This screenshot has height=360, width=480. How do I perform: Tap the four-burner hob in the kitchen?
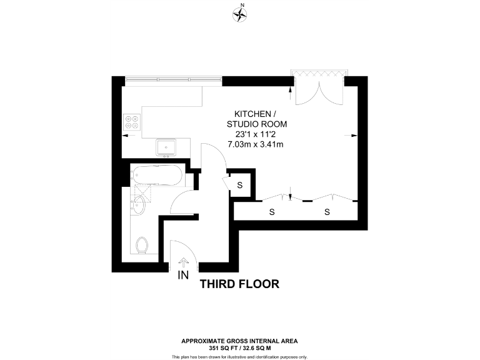[132, 121]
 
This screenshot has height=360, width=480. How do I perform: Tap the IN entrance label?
[184, 276]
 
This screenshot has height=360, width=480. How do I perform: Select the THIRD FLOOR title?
[239, 284]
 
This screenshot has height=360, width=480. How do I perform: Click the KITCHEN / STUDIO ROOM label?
[254, 119]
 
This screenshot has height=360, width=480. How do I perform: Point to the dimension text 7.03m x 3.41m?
[255, 144]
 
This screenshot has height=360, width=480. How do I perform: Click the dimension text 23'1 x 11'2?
[255, 134]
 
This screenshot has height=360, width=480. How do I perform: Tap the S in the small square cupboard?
[240, 184]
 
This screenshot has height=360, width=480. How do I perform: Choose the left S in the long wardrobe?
[272, 212]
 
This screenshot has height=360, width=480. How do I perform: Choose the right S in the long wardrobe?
[327, 212]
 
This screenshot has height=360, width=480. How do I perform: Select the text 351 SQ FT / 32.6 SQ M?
[239, 347]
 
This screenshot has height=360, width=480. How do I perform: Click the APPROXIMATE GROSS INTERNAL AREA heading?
[239, 341]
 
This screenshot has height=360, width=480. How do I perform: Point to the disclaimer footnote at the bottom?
[239, 356]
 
